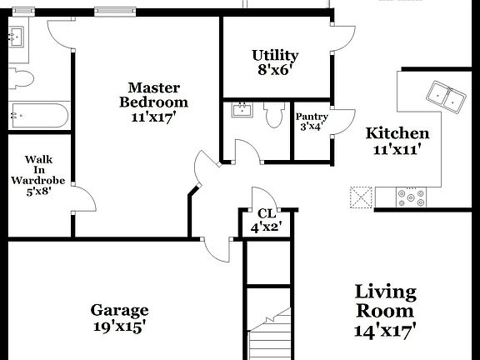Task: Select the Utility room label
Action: [x=275, y=56]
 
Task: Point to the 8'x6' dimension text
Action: [x=275, y=71]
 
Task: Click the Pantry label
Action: [x=312, y=117]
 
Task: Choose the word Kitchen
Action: [x=397, y=133]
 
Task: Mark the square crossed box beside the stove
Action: [x=360, y=197]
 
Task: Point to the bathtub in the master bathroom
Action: [x=39, y=114]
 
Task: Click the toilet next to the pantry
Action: [x=273, y=115]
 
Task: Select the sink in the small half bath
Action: [x=242, y=109]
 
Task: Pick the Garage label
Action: [x=120, y=310]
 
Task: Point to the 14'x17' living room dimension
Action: [x=386, y=330]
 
